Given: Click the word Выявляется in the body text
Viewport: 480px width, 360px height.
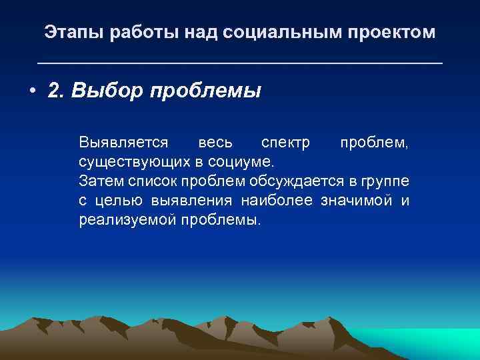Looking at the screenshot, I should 123,143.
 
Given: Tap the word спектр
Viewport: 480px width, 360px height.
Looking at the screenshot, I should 281,143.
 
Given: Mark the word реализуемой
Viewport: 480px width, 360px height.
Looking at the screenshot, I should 127,220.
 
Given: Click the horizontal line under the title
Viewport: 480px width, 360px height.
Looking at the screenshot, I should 239,63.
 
